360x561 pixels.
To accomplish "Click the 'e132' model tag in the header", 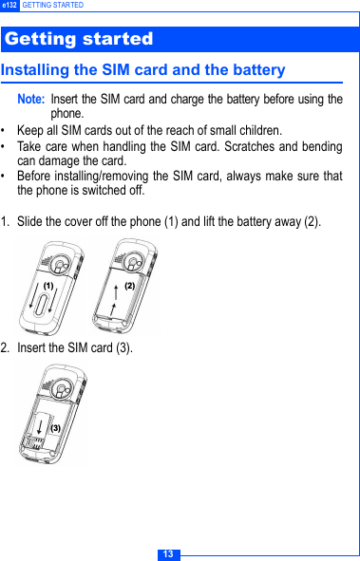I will [9, 6].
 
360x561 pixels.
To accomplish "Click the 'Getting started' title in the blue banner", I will [79, 39].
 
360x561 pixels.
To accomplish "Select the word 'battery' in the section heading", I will [256, 70].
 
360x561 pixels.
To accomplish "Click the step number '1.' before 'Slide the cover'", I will [7, 222].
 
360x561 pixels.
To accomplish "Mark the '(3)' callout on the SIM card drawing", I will [55, 428].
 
